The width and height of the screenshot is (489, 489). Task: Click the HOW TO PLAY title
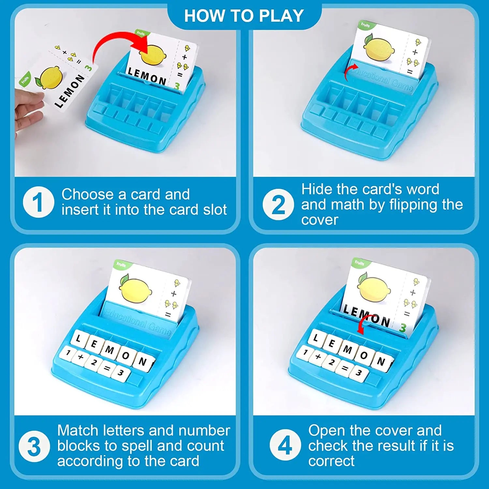(x=244, y=16)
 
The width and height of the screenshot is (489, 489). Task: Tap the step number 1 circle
(x=38, y=202)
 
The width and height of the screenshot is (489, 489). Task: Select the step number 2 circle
(x=278, y=204)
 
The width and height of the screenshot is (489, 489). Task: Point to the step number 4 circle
(x=285, y=445)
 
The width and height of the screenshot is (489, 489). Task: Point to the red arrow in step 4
(x=363, y=323)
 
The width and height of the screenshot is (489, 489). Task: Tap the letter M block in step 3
(x=110, y=350)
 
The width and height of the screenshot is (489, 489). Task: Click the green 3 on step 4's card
(x=403, y=327)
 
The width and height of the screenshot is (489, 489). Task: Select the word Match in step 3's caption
(x=78, y=430)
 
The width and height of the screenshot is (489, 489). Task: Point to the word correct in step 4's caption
(x=331, y=461)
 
